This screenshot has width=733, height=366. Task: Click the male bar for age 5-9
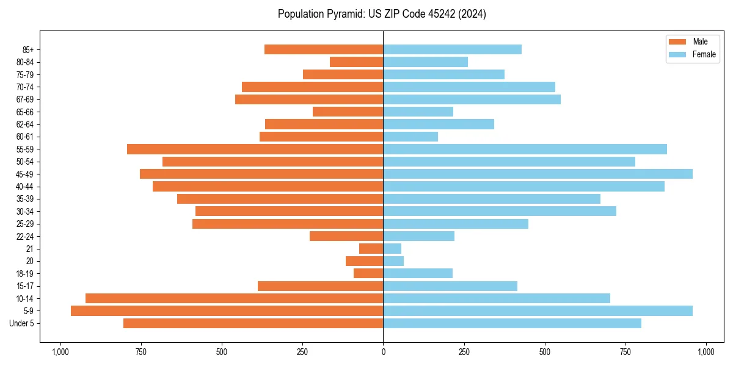[x=227, y=310]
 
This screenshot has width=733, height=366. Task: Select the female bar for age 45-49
[x=538, y=174]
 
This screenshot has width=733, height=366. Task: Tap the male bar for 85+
[x=324, y=49]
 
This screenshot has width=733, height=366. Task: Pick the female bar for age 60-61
[x=410, y=137]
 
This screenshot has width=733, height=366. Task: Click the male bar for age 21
[x=371, y=248]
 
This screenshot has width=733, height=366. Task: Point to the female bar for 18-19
[x=418, y=273]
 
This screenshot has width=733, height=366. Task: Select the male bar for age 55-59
[x=255, y=149]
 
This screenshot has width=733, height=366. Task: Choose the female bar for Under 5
[x=512, y=323]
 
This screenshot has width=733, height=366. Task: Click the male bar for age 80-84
[x=356, y=62]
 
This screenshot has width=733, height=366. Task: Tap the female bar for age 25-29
[x=456, y=224]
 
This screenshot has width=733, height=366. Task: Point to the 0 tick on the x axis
[x=383, y=352]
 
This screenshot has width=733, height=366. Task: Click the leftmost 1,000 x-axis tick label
[x=60, y=352]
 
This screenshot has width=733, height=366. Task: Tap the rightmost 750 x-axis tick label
[x=625, y=352]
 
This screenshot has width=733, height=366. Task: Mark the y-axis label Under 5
[x=21, y=323]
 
